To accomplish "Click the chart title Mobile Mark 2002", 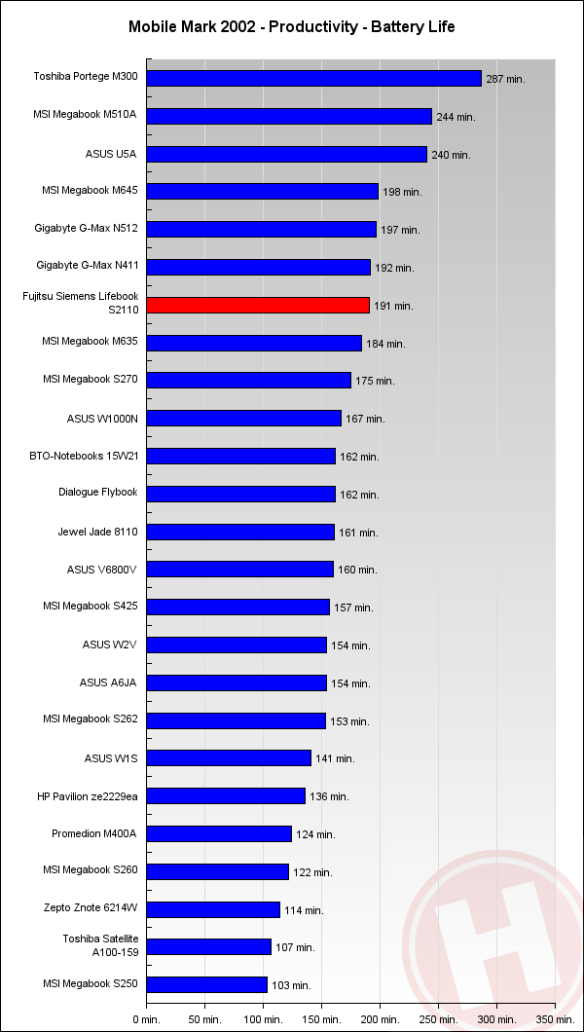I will [291, 27].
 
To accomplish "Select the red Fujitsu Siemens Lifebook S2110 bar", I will [258, 305].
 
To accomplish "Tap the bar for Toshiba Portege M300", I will [313, 78].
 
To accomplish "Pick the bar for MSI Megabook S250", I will [206, 984].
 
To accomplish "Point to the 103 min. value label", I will [291, 985].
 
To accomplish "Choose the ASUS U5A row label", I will [111, 154].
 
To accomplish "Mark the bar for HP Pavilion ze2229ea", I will [226, 795].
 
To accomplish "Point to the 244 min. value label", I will [456, 117].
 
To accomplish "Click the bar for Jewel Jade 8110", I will [240, 532].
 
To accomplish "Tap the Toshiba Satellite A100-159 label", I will [100, 946].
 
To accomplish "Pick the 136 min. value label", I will [329, 796].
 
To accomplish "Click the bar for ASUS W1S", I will [229, 757].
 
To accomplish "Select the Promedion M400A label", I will [94, 833].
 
